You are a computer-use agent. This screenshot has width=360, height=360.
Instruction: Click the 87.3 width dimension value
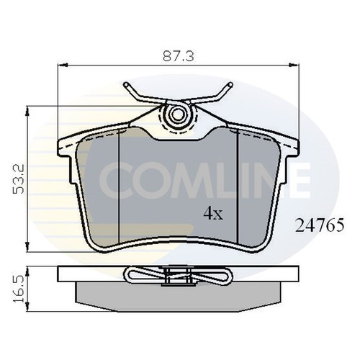tap(174, 54)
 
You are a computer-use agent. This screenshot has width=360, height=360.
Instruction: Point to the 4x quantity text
tap(213, 214)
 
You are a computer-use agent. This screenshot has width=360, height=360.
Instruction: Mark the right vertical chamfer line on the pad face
tap(238, 187)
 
